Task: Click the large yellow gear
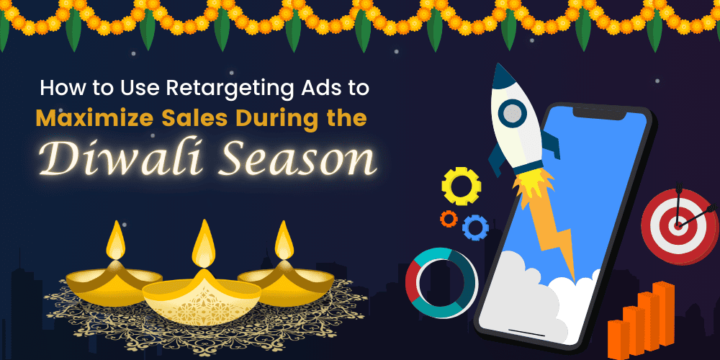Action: click(x=461, y=186)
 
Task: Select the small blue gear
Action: click(x=475, y=228)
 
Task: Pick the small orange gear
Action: click(x=449, y=218)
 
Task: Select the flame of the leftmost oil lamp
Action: click(x=116, y=241)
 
